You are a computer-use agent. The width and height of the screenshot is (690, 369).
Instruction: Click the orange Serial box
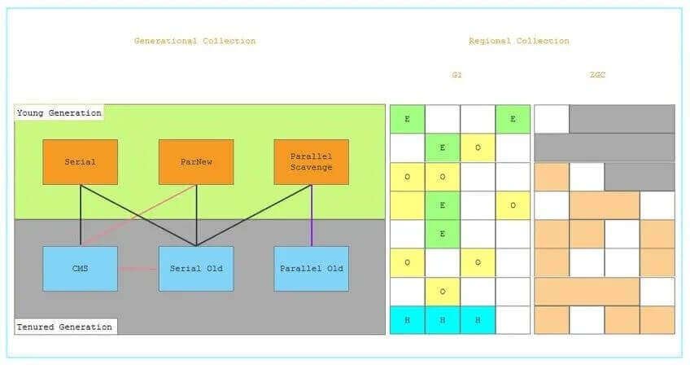tap(80, 161)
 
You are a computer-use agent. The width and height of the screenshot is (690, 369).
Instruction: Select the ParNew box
tap(195, 161)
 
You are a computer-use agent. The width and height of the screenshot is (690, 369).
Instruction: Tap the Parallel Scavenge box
tap(311, 161)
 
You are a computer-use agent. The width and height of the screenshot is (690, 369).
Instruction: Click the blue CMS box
tap(80, 268)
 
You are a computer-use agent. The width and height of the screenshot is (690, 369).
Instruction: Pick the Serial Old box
tap(195, 268)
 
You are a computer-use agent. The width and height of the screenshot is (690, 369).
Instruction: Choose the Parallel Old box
tap(311, 268)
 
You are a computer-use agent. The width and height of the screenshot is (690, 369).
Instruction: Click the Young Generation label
tap(59, 112)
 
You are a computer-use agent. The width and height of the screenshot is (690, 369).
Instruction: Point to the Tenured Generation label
tap(64, 327)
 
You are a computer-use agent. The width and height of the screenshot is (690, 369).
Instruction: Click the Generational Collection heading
tap(194, 41)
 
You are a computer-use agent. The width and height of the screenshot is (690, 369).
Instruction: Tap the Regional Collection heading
tap(518, 41)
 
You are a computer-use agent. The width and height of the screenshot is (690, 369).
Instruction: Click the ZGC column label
tap(598, 75)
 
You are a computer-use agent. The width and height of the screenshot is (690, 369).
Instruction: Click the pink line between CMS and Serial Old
tap(138, 268)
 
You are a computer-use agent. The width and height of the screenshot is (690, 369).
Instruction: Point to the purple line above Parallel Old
tap(312, 215)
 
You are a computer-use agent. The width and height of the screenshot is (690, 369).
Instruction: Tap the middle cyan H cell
tap(442, 320)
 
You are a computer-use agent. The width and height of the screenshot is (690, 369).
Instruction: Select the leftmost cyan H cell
tap(407, 320)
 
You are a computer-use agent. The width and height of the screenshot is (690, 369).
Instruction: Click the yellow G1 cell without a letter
tap(407, 205)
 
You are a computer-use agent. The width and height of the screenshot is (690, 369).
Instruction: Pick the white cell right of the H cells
tap(513, 320)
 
